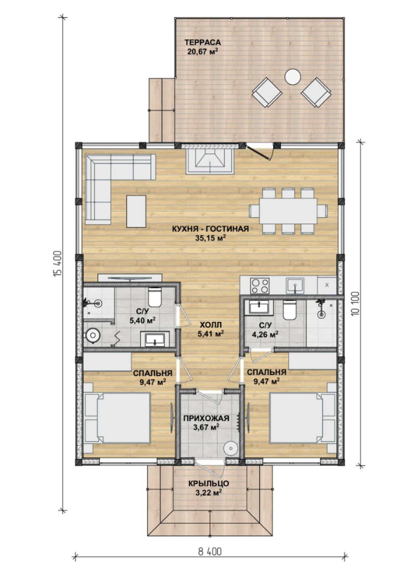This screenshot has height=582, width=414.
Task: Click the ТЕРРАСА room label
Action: pos(203,42)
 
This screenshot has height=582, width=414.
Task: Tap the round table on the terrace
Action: pos(293,76)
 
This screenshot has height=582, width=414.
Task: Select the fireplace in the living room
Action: pos(210,161)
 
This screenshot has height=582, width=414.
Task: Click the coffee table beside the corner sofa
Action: pos(136,211)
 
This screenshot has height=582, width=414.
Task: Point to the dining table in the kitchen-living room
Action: pos(288,211)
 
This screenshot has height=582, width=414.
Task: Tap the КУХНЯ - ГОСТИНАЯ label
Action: pos(210,229)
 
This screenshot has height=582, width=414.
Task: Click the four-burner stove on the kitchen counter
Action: pos(260,285)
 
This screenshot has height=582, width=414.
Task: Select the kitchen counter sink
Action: pos(295,285)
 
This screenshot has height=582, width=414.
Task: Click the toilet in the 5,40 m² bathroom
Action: pos(155,297)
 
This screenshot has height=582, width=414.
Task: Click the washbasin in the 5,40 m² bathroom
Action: pos(155,339)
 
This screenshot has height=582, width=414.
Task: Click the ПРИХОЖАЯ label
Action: pos(206,418)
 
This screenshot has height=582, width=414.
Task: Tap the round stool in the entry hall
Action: pos(230,448)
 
